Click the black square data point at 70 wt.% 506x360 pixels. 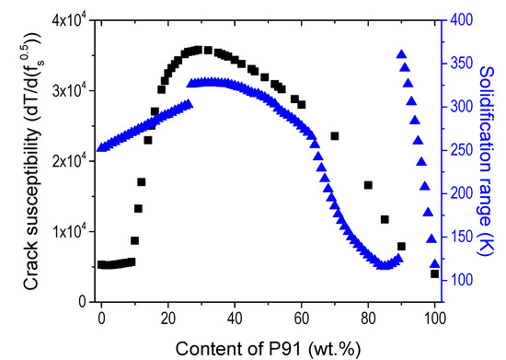pyautogui.click(x=335, y=136)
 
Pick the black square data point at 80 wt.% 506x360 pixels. pyautogui.click(x=368, y=185)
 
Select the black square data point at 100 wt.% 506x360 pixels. pyautogui.click(x=434, y=273)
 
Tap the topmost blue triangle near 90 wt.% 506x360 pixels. pyautogui.click(x=401, y=55)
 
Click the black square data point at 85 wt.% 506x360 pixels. pyautogui.click(x=385, y=219)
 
